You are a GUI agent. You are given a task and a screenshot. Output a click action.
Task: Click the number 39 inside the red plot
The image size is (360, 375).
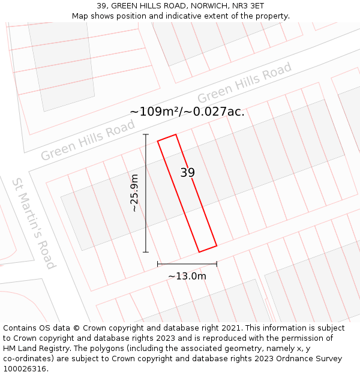(188, 173)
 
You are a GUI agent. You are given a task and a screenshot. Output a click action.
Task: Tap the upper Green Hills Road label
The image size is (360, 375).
(244, 82)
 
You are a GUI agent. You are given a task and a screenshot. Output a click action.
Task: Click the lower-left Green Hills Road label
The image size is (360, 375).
(88, 140)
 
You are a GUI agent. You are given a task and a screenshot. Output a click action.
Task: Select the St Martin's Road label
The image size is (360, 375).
(34, 223)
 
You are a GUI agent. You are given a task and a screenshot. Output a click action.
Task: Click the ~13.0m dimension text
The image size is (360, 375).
(187, 276)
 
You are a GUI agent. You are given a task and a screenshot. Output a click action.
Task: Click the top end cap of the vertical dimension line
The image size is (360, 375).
(146, 134)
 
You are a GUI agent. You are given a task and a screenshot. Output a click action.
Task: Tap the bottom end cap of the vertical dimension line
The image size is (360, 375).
(146, 252)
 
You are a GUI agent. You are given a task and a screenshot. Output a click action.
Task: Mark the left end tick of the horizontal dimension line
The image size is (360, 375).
(158, 263)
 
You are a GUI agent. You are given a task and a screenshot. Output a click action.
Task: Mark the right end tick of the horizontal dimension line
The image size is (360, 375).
(217, 263)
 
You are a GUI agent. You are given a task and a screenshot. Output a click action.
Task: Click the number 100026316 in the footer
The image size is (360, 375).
(25, 368)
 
